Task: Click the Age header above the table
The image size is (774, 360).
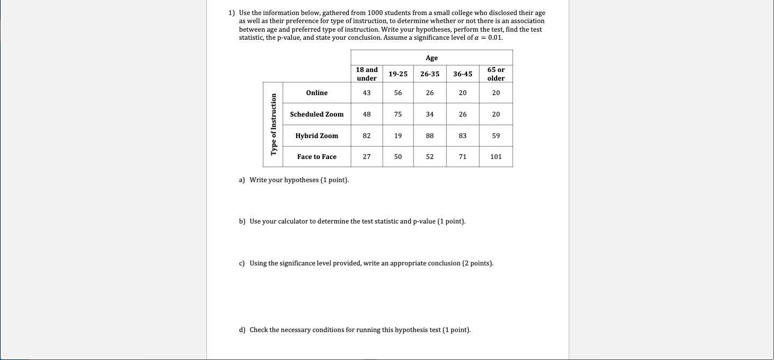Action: coord(432,58)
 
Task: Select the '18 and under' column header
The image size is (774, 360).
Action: coord(367,74)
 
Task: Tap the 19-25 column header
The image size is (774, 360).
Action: coord(398,74)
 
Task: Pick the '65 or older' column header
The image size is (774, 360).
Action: coord(496,74)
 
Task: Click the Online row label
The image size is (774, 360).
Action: coord(317,93)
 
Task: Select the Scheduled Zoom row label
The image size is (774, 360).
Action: coord(317,114)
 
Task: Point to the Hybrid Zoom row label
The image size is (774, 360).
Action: coord(317,136)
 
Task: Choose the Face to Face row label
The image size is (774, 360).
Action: coord(317,157)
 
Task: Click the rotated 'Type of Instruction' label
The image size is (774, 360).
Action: coord(274,125)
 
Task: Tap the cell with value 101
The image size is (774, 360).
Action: coord(496,157)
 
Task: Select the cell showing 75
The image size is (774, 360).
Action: coord(398,114)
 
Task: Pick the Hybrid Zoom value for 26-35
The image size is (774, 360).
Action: coord(429,136)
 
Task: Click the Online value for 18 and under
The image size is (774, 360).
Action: coord(367,93)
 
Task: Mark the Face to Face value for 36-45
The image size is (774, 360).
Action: coord(463,157)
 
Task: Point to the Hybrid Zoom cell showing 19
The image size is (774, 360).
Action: coord(398,136)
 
